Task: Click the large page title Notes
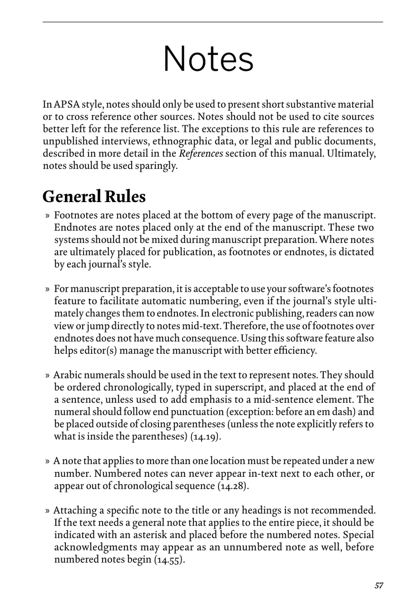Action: pos(208,59)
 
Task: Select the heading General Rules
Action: pos(94,196)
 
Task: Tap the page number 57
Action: pos(378,585)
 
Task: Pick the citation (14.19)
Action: pos(206,436)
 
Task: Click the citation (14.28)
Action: pos(233,486)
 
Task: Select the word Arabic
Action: pos(67,375)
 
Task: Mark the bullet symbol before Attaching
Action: pos(47,511)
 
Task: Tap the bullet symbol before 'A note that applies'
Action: pos(47,461)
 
